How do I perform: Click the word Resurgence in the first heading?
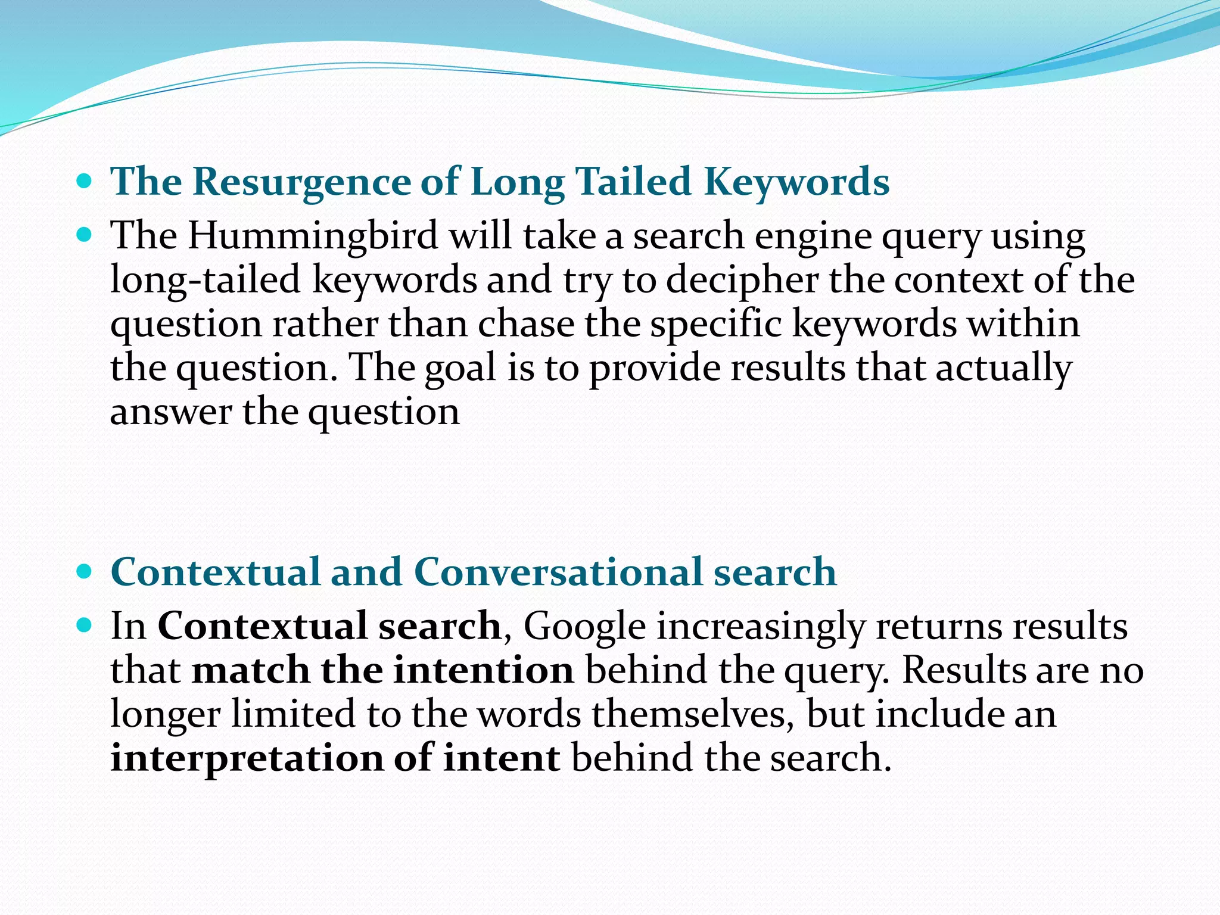point(301,181)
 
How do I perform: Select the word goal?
point(460,369)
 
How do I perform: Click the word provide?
point(655,368)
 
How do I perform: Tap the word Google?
point(584,627)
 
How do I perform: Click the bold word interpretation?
point(247,759)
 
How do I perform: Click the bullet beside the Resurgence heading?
point(85,181)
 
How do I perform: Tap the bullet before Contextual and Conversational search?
point(85,572)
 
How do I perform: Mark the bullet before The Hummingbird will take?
point(85,235)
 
